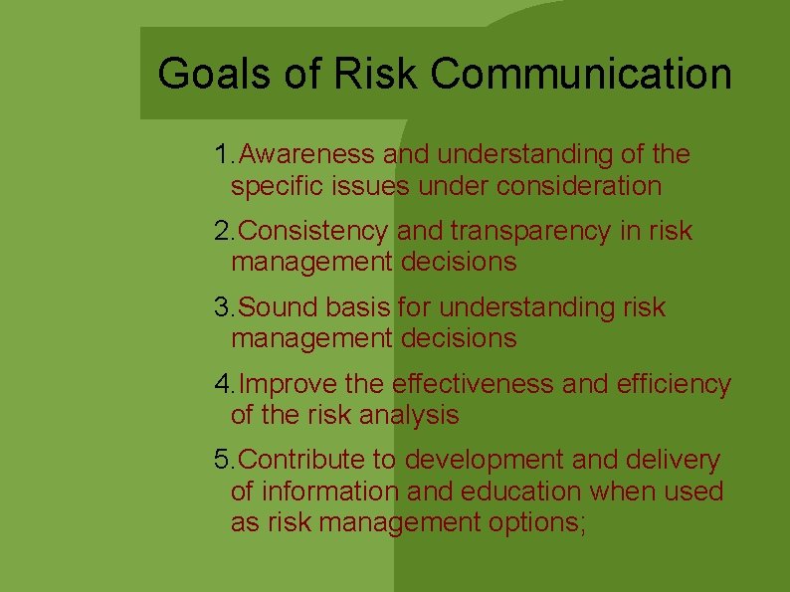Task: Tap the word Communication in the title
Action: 582,75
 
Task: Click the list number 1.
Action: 222,155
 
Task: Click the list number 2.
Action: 222,232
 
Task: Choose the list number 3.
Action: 222,308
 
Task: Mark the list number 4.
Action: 222,384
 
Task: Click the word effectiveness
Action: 474,384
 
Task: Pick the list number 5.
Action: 222,461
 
